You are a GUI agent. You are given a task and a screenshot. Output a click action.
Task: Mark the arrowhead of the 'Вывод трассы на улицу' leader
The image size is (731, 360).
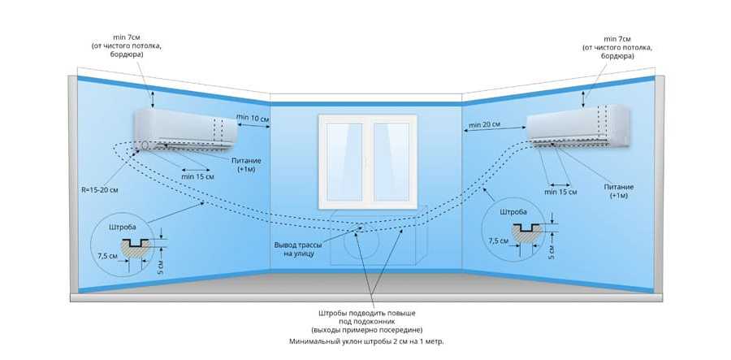point(360,227)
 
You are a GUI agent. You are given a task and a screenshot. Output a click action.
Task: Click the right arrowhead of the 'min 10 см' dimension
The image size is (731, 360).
point(270,125)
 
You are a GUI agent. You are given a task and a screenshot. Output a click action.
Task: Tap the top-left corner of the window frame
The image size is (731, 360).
point(318,115)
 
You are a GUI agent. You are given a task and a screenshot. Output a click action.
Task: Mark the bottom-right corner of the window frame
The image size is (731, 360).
point(417,210)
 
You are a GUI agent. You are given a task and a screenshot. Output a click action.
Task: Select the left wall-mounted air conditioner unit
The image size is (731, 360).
point(186,130)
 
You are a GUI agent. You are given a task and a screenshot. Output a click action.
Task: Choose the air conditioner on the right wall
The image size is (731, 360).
point(578,126)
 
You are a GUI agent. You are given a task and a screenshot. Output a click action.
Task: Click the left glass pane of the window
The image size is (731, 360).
point(344,162)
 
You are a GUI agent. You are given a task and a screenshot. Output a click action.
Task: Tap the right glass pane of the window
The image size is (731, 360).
point(391,162)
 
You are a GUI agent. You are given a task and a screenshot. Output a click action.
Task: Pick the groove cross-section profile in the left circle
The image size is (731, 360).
point(136,247)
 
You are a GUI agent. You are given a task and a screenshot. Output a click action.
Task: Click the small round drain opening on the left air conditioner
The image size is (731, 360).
point(146,145)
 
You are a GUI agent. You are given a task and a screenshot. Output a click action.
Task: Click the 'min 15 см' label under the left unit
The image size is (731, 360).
point(197,177)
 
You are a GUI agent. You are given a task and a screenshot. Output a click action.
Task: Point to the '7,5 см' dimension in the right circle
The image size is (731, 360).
point(498,241)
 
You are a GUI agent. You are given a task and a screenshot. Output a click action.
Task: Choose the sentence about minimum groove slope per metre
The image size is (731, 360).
point(366,341)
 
